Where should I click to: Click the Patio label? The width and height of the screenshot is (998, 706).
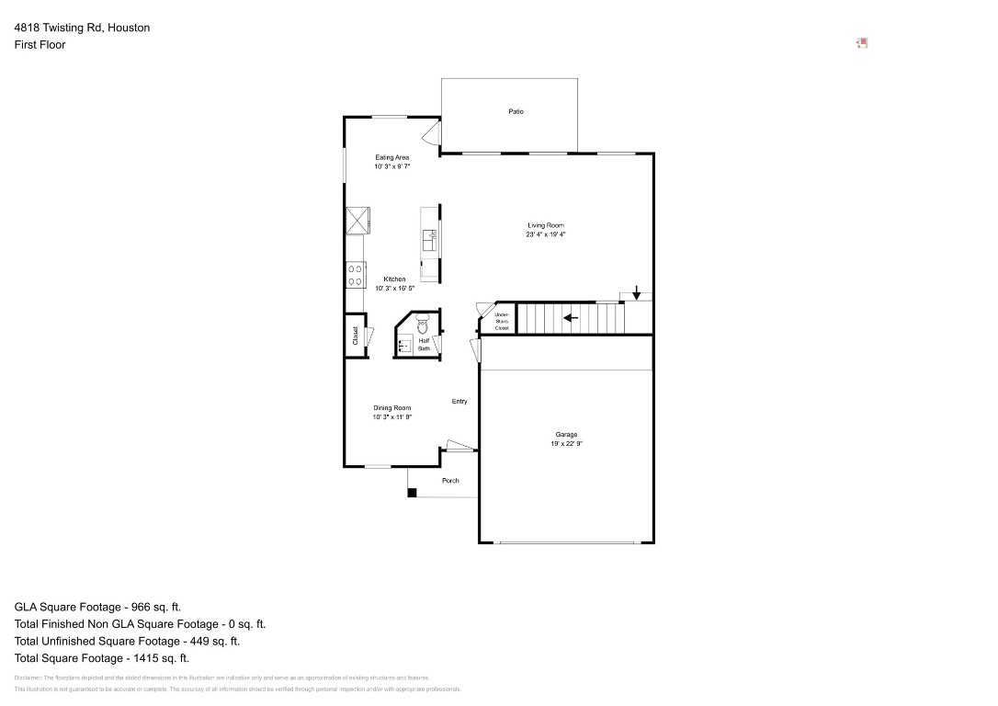pyautogui.click(x=516, y=111)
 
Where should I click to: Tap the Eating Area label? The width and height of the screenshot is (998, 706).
pyautogui.click(x=391, y=157)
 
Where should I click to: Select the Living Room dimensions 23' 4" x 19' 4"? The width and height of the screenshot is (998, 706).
pyautogui.click(x=546, y=234)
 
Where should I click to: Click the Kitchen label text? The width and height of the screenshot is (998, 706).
pyautogui.click(x=394, y=279)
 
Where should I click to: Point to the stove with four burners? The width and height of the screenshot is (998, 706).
pyautogui.click(x=355, y=275)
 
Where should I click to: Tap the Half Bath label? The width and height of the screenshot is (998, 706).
pyautogui.click(x=424, y=345)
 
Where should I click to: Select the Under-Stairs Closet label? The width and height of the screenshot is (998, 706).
pyautogui.click(x=502, y=322)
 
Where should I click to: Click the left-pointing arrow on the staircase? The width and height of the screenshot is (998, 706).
pyautogui.click(x=571, y=318)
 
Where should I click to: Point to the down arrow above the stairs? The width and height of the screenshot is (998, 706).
pyautogui.click(x=636, y=291)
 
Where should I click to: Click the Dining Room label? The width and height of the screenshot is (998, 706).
pyautogui.click(x=391, y=408)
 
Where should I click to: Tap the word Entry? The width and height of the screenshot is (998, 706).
pyautogui.click(x=459, y=402)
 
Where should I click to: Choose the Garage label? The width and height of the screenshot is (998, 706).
pyautogui.click(x=566, y=435)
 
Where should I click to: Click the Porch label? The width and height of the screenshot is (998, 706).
pyautogui.click(x=450, y=481)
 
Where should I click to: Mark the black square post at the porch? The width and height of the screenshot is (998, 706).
pyautogui.click(x=412, y=493)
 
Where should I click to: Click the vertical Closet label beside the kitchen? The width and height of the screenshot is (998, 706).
pyautogui.click(x=355, y=336)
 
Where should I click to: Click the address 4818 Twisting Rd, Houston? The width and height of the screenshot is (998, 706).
pyautogui.click(x=82, y=28)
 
